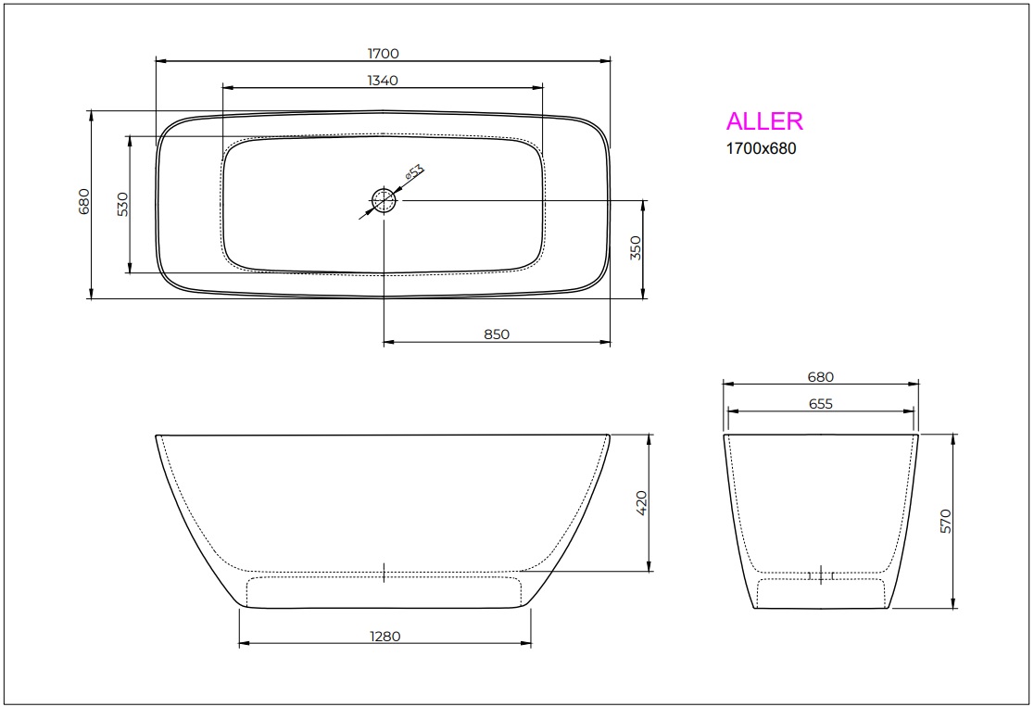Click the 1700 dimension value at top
pos(383,54)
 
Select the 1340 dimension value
pos(383,81)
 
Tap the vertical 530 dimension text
pos(122,204)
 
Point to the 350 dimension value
pos(636,248)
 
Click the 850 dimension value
pos(497,335)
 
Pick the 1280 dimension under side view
pos(384,636)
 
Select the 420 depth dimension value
pos(641,502)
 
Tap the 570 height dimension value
pos(946,521)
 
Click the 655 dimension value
pos(820,403)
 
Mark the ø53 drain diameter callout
pos(413,172)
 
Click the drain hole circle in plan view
pos(384,199)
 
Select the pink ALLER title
pos(764,121)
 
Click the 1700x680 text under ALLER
pos(761,148)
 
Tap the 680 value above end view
pos(820,377)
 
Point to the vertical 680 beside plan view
pos(83,202)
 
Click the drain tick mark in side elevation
pos(384,573)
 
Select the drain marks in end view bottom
pos(822,575)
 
